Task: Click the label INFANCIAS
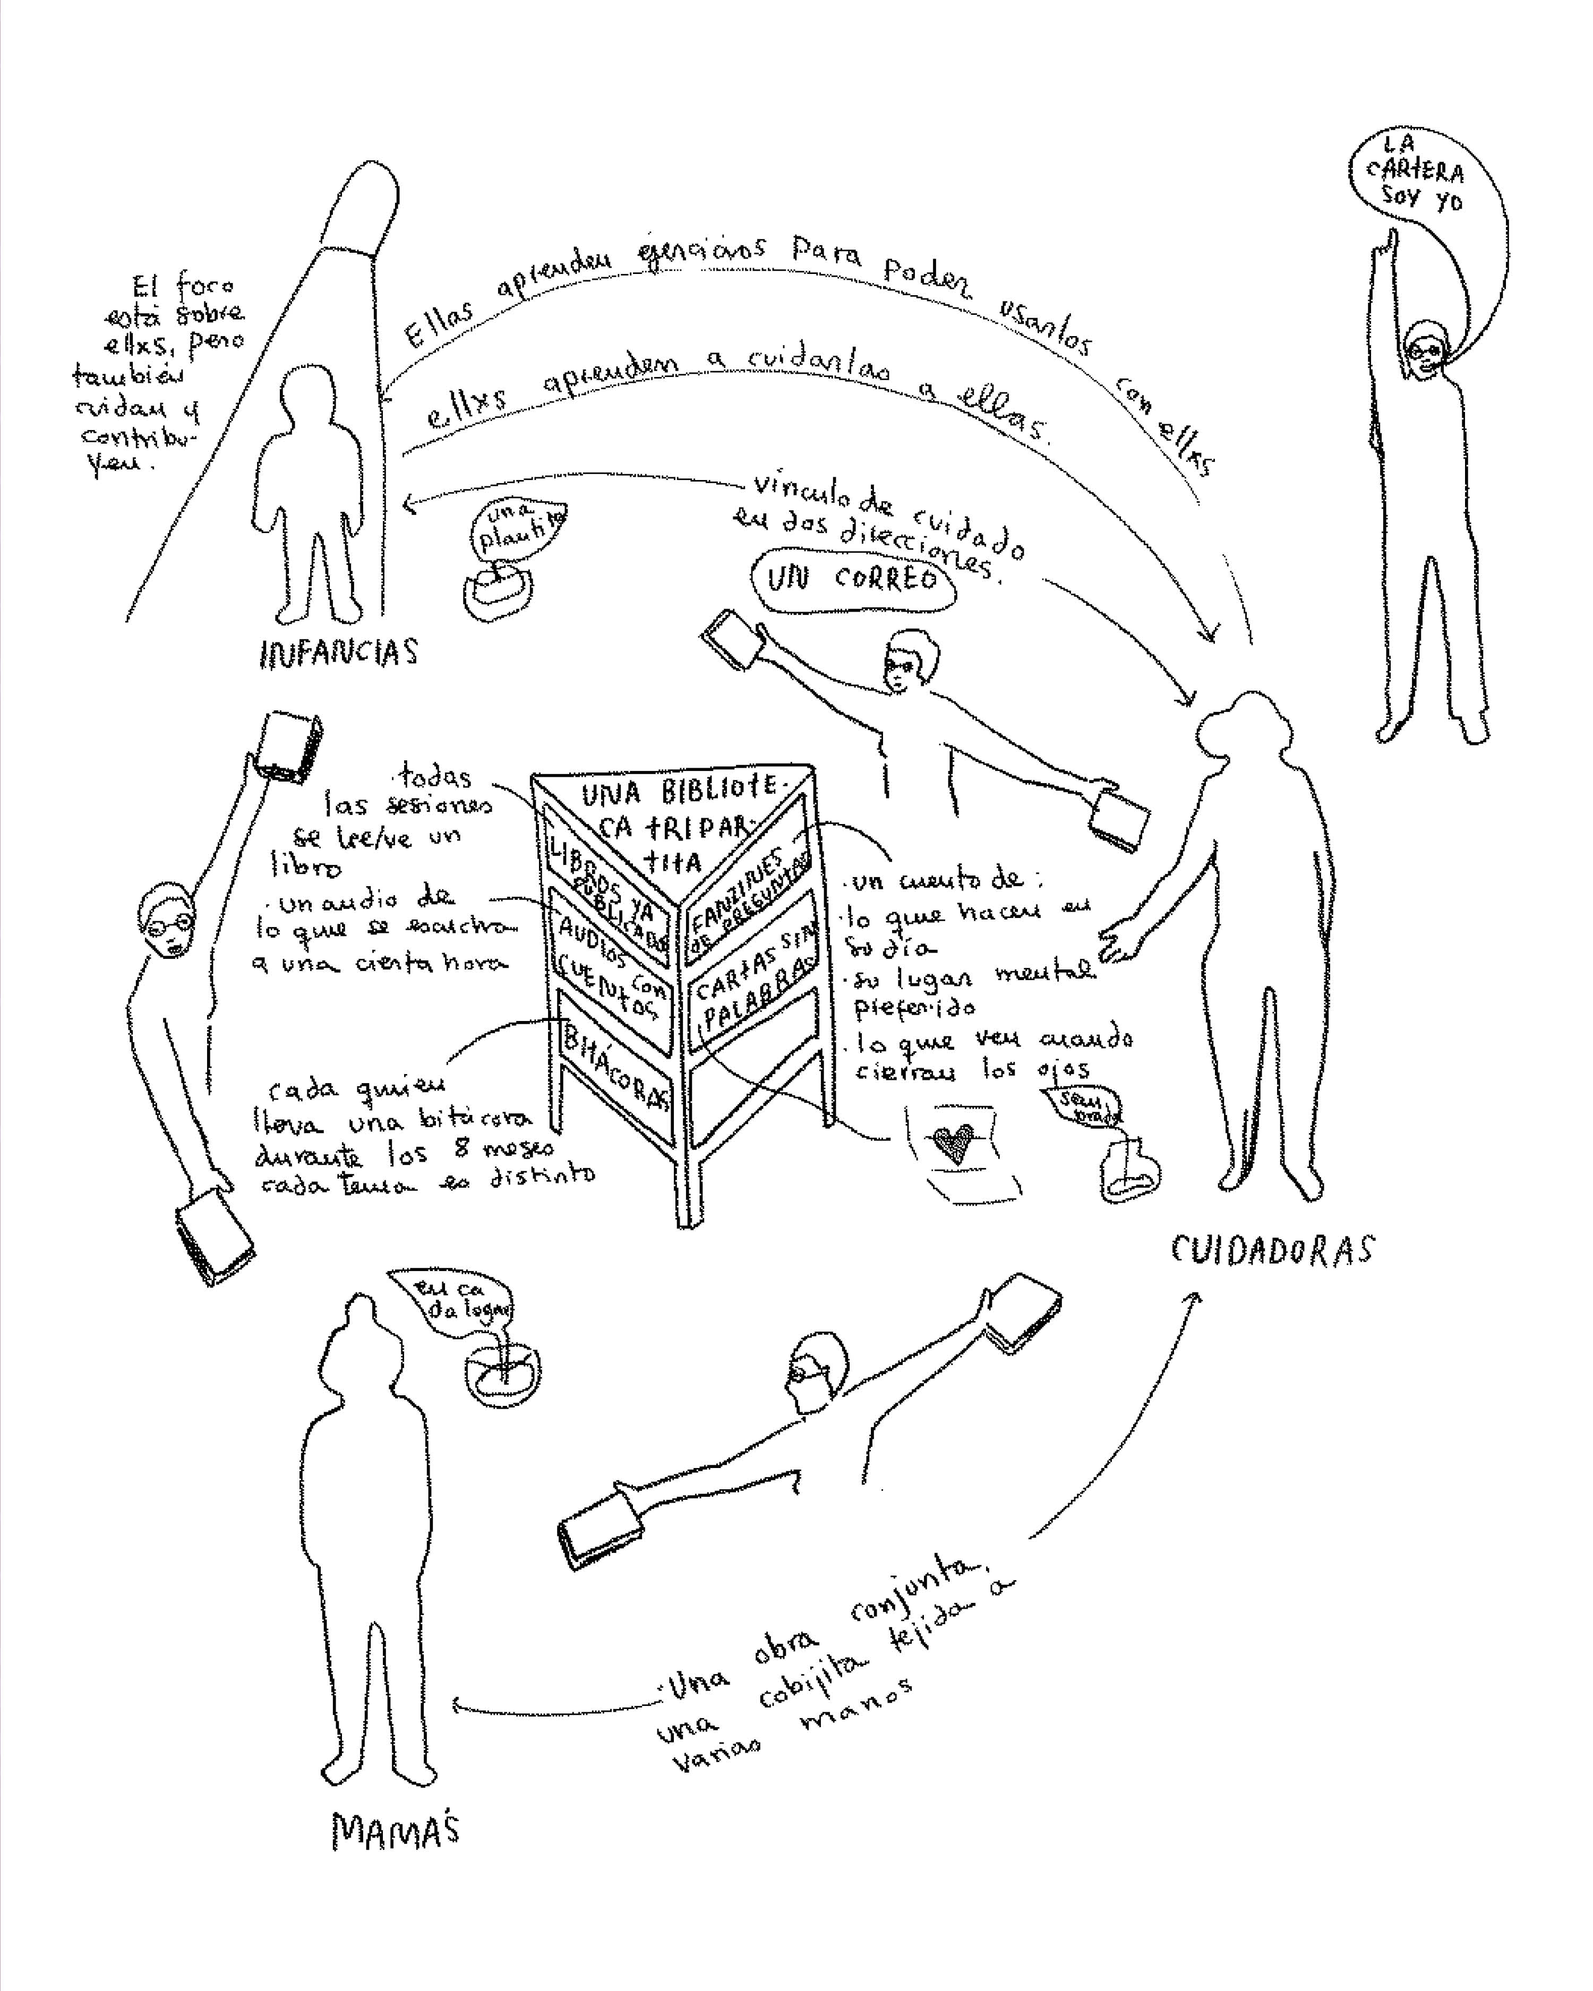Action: tap(339, 653)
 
